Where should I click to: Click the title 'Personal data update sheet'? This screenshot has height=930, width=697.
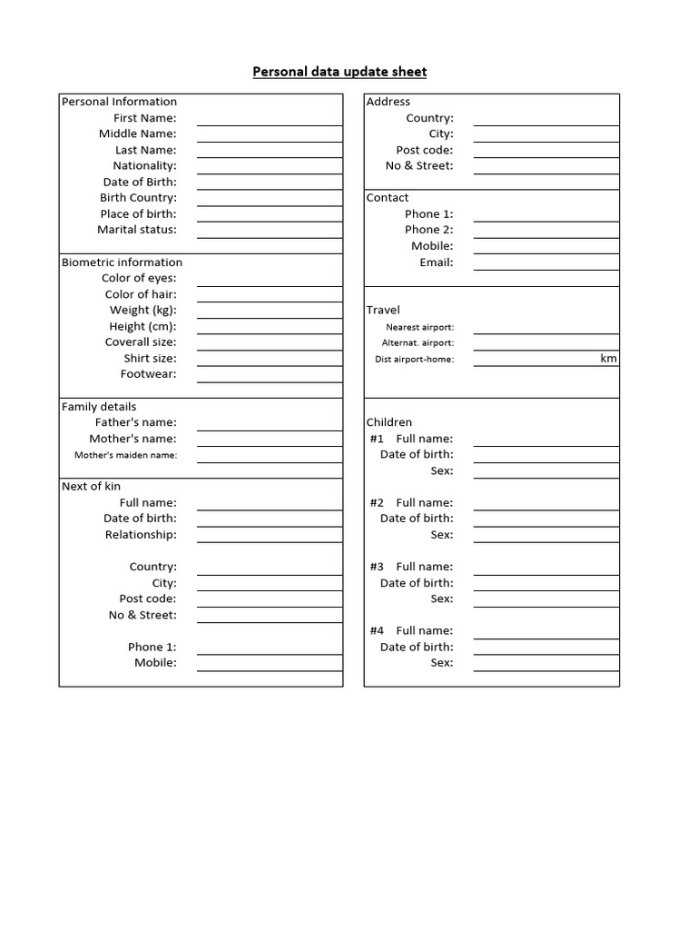tap(339, 72)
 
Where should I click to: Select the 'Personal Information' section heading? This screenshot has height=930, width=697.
tap(119, 102)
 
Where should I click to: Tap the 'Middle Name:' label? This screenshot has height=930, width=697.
tap(137, 134)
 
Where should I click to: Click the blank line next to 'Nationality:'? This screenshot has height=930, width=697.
tap(270, 166)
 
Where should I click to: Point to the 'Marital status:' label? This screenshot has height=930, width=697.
tap(136, 230)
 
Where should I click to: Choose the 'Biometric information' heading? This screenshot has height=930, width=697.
tap(122, 262)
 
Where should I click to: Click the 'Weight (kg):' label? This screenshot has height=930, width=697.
tap(142, 311)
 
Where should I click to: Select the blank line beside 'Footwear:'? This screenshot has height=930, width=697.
tap(270, 374)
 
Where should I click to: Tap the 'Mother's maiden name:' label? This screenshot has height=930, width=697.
tap(125, 455)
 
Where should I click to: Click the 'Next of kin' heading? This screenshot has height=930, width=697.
tap(91, 487)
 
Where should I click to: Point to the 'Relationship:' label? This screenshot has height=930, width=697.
tap(141, 535)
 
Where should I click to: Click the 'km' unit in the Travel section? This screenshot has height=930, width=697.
tap(608, 359)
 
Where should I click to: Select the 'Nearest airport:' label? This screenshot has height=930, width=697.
tap(419, 327)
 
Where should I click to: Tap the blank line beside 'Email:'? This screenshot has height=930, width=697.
tap(545, 262)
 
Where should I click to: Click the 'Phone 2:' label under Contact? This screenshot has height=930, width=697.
tap(428, 230)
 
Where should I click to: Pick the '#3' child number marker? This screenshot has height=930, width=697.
tap(377, 567)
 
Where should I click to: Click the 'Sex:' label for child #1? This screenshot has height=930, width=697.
tap(441, 470)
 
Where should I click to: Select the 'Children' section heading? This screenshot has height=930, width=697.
tap(388, 422)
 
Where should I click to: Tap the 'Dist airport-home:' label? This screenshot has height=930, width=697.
tap(414, 360)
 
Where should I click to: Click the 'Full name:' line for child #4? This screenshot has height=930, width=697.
tap(545, 630)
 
